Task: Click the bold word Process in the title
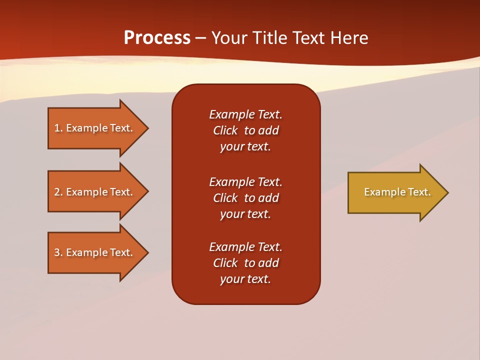coord(157,37)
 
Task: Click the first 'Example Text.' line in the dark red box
coord(245,114)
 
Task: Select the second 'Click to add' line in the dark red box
coord(245,198)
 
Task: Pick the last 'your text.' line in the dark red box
coord(245,279)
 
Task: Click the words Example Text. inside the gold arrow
coord(397,192)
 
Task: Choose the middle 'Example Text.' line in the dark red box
coord(245,181)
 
